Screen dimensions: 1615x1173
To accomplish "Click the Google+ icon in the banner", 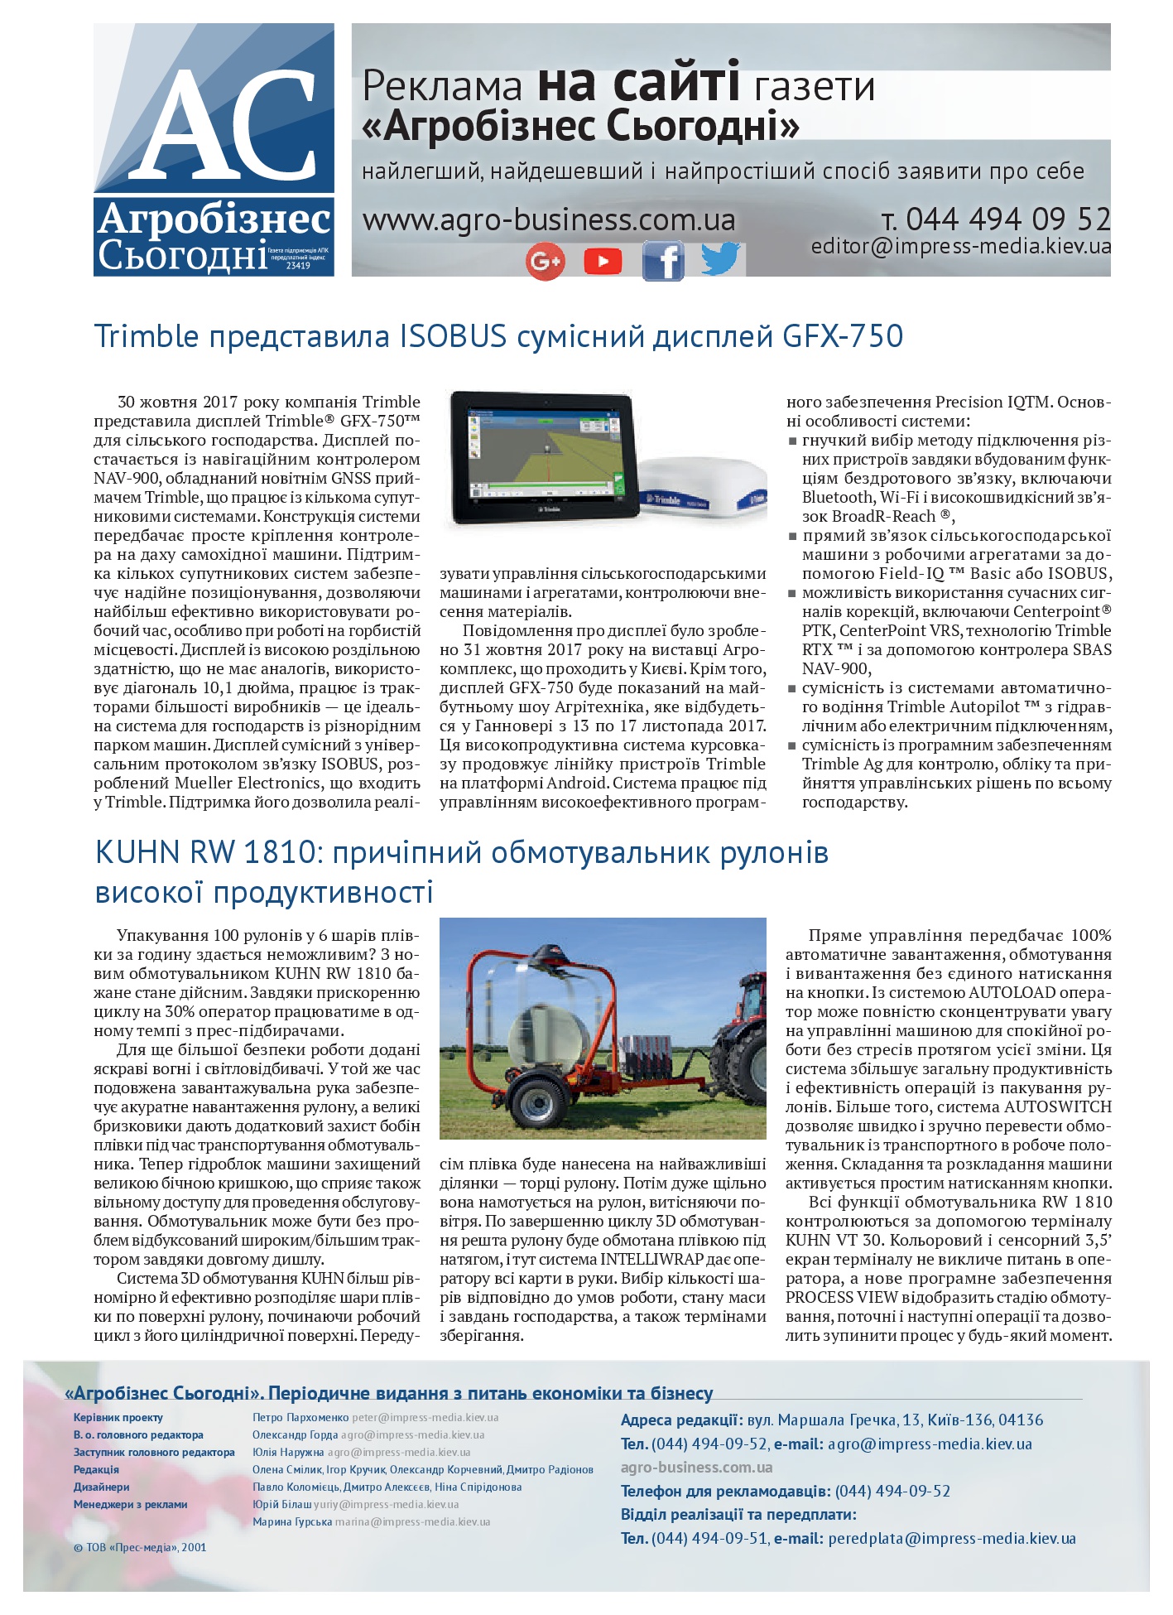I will click(545, 262).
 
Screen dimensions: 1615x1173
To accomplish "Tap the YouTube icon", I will click(603, 262).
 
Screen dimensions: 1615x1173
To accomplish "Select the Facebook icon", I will click(662, 262).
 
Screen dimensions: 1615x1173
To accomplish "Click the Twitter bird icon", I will click(720, 259).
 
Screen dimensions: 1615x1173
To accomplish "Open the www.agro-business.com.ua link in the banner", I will click(549, 220).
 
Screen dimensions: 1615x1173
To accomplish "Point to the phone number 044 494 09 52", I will click(1007, 219).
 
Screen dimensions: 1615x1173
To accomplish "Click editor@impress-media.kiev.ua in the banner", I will click(960, 246).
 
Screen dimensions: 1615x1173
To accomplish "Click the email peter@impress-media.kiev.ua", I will click(425, 1417).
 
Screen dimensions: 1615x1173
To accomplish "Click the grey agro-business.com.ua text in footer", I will click(696, 1468).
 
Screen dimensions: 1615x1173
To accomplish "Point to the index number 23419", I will click(298, 266).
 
